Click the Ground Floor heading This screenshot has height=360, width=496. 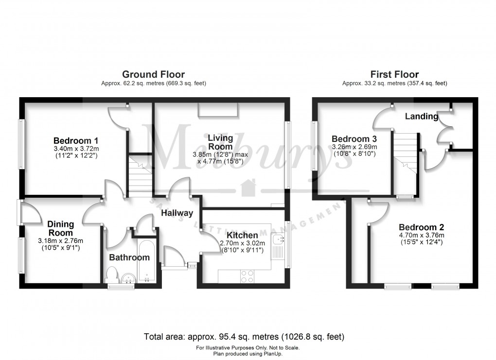click(x=153, y=74)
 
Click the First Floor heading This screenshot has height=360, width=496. click(x=394, y=74)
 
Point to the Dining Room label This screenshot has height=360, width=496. click(x=60, y=228)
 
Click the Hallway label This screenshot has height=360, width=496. click(x=177, y=213)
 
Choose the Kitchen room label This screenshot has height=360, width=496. click(x=242, y=236)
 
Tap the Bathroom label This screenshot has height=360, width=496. click(x=129, y=257)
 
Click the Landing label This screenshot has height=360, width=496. click(x=422, y=117)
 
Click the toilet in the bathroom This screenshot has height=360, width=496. click(x=111, y=275)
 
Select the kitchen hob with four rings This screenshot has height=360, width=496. click(x=247, y=276)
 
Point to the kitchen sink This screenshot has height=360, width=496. click(x=279, y=240)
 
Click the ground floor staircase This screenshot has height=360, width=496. click(x=140, y=175)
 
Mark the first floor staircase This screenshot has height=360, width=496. click(x=405, y=155)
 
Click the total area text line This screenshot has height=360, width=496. click(x=244, y=336)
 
